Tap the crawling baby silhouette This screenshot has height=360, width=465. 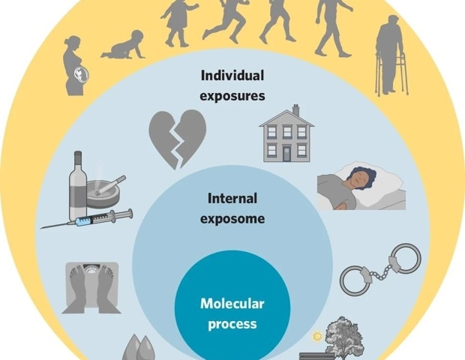point(124,45)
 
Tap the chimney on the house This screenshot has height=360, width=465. point(296,109)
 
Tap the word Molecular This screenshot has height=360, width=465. point(232,304)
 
